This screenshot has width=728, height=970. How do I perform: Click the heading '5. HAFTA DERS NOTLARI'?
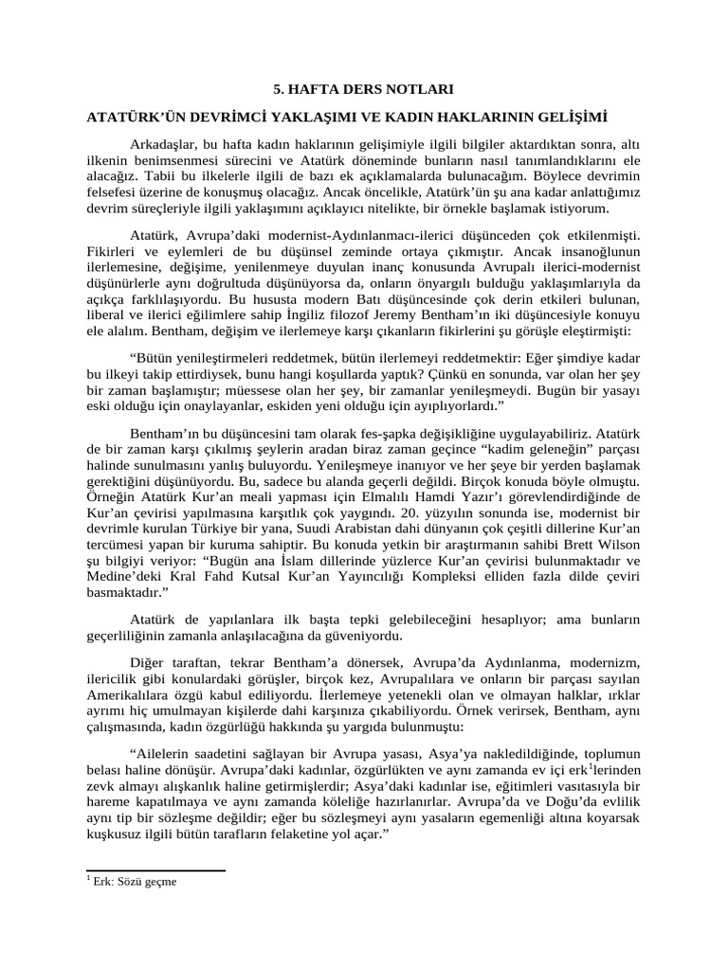(363, 90)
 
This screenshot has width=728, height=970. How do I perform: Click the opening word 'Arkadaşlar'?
(165, 145)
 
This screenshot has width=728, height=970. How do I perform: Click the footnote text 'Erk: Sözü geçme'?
(133, 880)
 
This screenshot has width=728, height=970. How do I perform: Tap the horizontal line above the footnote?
(155, 870)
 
